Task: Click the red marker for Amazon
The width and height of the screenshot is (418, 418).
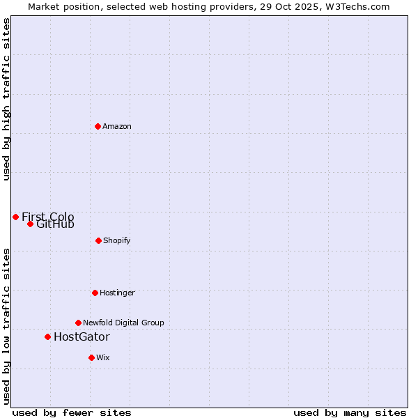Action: click(98, 126)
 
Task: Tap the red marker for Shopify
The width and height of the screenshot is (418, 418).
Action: click(98, 240)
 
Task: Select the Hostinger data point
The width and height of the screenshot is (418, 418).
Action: click(95, 293)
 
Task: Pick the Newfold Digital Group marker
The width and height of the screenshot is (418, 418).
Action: click(78, 323)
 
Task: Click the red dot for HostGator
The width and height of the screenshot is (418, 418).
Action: click(47, 336)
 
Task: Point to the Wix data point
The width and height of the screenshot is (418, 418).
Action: click(91, 357)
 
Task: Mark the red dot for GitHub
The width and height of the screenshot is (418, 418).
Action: click(30, 224)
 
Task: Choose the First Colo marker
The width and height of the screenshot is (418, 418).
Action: click(15, 217)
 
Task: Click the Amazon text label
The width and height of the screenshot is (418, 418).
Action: click(117, 126)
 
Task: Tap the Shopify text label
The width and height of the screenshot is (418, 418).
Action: click(117, 240)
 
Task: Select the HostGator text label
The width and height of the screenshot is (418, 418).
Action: click(82, 337)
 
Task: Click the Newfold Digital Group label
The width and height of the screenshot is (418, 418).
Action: click(123, 323)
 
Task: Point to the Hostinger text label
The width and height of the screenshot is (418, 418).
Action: click(117, 293)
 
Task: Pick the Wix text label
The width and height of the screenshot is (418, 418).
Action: click(103, 357)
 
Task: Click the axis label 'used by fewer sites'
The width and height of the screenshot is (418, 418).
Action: click(72, 412)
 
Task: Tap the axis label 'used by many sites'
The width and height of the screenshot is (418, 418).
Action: click(350, 412)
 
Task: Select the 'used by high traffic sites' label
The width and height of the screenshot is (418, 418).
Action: click(6, 99)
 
